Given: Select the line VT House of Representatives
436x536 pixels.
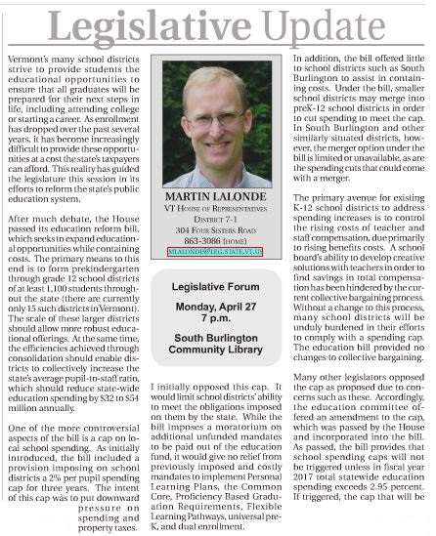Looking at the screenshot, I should coord(219,223).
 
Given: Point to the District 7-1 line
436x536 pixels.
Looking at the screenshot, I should coord(219,233).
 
